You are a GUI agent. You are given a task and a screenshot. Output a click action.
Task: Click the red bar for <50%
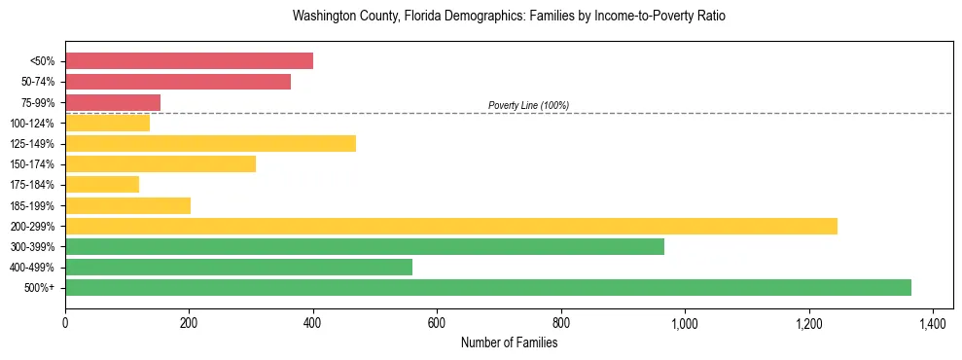189,61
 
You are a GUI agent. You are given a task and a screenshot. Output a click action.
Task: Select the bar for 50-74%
178,82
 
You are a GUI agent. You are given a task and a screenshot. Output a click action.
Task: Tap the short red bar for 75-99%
113,102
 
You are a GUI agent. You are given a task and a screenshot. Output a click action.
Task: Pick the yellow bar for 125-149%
210,143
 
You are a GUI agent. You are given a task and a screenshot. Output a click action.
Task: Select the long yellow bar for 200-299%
451,226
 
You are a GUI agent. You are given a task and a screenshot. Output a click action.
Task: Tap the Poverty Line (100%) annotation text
528,105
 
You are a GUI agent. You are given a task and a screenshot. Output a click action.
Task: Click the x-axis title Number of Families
509,342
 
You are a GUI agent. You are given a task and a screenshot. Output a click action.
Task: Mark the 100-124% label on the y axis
32,124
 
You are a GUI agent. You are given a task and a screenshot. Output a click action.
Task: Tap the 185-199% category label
32,205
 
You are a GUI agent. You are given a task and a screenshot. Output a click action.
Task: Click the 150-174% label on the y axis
32,164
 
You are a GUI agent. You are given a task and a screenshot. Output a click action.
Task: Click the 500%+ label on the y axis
40,288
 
